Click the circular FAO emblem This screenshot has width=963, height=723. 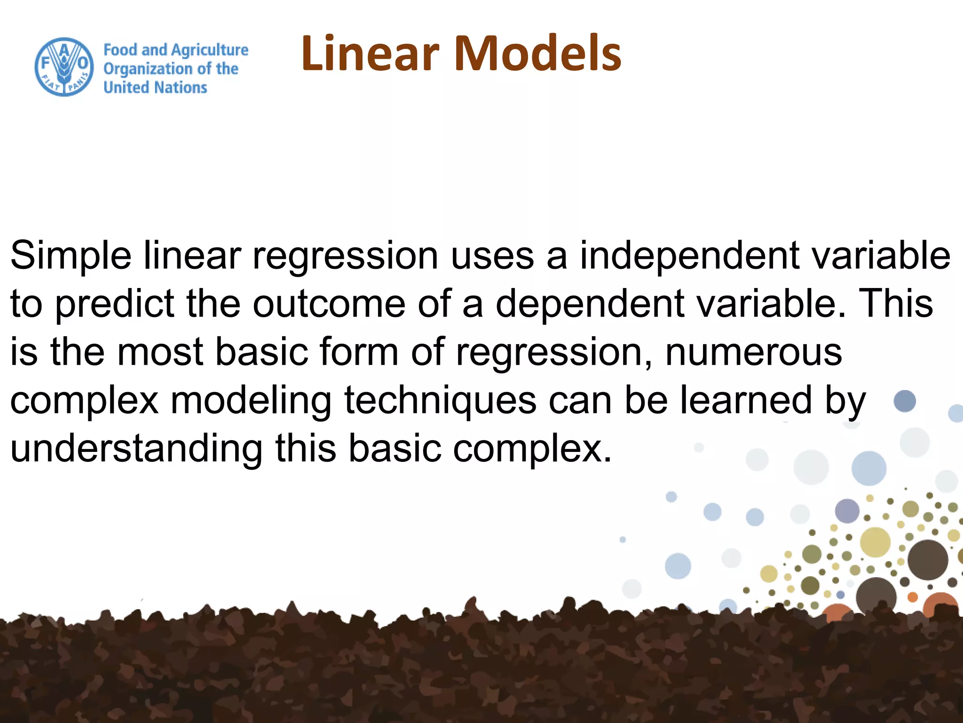(x=64, y=67)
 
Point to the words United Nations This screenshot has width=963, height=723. (x=155, y=88)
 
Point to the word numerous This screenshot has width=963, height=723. (x=753, y=353)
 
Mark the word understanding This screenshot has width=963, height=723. (x=136, y=449)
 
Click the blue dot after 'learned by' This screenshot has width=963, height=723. (x=905, y=402)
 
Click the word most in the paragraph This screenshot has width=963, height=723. (x=160, y=353)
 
